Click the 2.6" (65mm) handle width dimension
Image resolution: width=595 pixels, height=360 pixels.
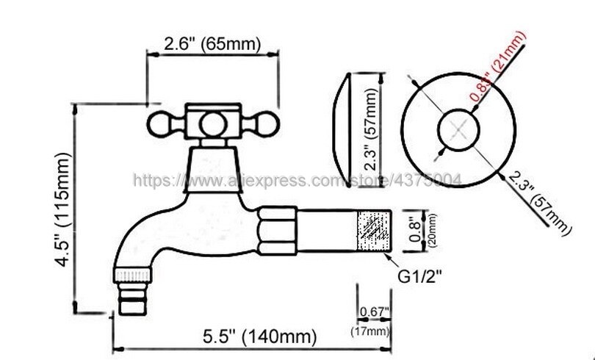pos(212,43)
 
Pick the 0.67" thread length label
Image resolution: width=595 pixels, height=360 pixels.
pos(373,312)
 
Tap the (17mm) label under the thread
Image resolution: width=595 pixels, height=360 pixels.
pos(373,331)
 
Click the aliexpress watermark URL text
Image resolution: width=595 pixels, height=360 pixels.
pos(294,180)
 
